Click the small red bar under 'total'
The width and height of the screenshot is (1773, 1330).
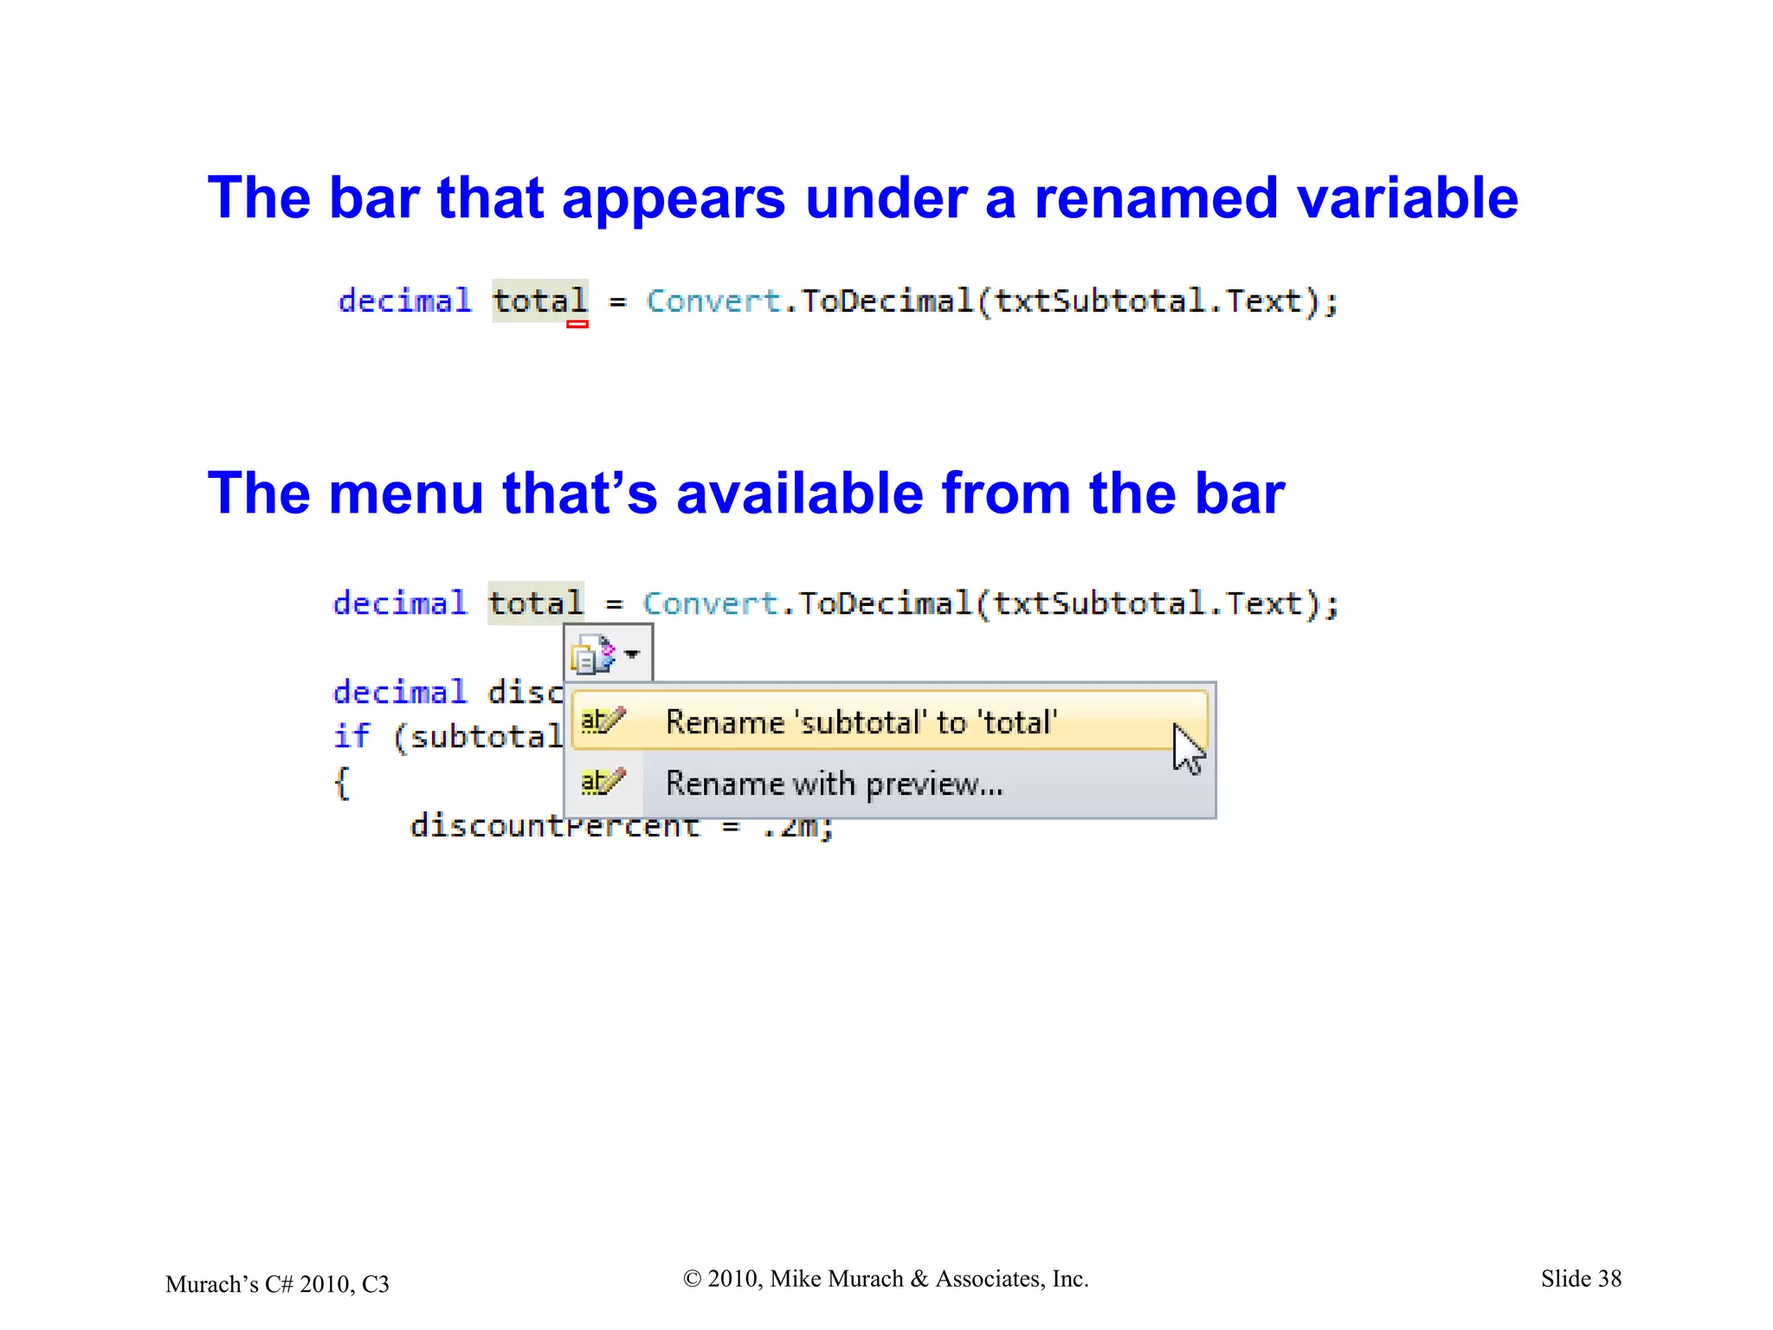pos(577,324)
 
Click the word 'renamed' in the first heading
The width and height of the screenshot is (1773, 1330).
pos(1155,198)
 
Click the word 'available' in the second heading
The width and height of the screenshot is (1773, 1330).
pos(799,494)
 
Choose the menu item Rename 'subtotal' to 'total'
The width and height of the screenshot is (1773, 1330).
pos(861,722)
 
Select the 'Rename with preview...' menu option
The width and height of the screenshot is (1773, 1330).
pos(834,784)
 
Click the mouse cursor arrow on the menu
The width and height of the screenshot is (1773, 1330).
pos(1188,748)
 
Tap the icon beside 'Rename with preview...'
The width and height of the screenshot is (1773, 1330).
pos(602,783)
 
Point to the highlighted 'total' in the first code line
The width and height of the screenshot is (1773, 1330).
pos(540,301)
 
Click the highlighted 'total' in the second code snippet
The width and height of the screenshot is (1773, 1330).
pos(536,604)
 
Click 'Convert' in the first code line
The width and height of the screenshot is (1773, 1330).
pos(713,301)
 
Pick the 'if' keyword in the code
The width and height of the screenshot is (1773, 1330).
pos(351,737)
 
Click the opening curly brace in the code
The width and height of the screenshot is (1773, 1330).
pos(342,783)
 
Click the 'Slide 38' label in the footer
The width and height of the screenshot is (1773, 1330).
pos(1581,1279)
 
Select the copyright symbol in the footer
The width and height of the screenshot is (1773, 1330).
pos(692,1279)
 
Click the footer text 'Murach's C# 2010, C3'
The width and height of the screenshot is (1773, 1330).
pos(277,1284)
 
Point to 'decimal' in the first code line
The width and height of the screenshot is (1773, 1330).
pos(404,301)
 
